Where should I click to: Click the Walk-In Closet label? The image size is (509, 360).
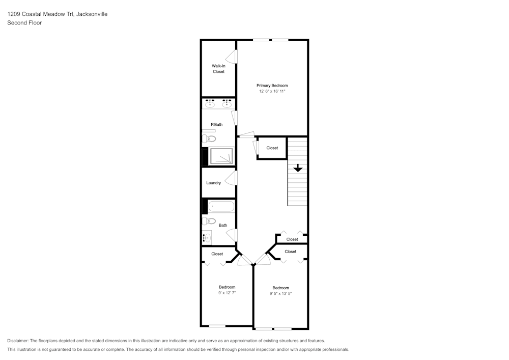coord(218,69)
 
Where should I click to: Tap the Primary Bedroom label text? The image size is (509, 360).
coord(272,86)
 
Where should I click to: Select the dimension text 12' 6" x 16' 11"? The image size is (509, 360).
coord(272,92)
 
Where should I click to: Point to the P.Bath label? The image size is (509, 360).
coord(217,125)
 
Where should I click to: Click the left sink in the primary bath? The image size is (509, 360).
coord(210,104)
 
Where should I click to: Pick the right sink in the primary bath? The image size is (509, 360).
coord(227,104)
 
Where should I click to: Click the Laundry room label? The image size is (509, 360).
coord(213,183)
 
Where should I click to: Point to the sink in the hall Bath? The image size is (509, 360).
coord(207,237)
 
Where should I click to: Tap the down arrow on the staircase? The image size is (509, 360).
coord(298,168)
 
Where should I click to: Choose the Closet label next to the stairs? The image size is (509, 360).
coord(272,148)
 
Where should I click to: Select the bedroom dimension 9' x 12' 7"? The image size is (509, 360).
coord(227,293)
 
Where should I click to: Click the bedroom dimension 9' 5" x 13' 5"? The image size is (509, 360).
coord(280,294)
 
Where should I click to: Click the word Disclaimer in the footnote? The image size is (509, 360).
coord(18,341)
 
